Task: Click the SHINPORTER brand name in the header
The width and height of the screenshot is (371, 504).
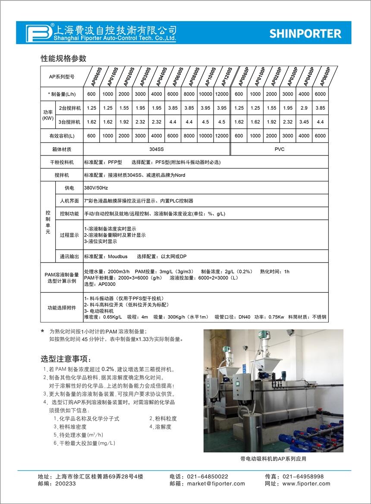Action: point(305,34)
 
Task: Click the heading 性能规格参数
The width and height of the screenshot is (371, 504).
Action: point(63,58)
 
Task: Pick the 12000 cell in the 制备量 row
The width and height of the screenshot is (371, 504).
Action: point(222,94)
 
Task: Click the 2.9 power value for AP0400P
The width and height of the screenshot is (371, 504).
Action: point(304,108)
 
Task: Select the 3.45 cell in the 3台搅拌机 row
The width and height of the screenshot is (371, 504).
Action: point(304,122)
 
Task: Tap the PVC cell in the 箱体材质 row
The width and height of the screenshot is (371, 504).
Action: point(280,149)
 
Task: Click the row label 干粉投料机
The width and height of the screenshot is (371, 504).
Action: point(62,162)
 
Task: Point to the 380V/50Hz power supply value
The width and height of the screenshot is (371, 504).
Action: point(96,188)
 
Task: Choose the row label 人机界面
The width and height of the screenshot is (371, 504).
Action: point(69,201)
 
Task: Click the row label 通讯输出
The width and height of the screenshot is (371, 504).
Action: point(69,257)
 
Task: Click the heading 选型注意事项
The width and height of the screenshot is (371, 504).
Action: point(66,359)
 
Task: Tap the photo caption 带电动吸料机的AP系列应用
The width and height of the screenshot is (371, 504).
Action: point(273,459)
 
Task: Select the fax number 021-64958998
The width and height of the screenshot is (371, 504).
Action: point(303,476)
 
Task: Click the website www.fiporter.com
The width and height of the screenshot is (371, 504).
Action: point(306,484)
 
